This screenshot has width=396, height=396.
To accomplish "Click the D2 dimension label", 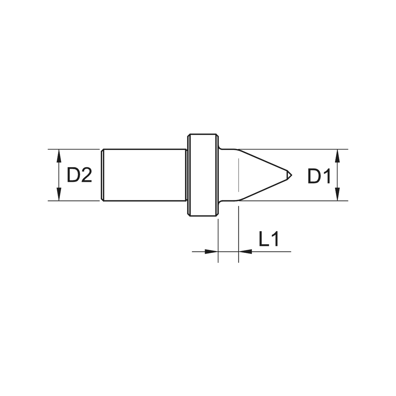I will (x=79, y=175).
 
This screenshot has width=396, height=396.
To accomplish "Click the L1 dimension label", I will (x=269, y=240).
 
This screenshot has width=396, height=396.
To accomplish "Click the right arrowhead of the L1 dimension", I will (x=245, y=251).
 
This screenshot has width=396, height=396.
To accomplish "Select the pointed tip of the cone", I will (x=291, y=175).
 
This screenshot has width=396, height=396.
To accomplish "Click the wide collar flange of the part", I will (x=203, y=175).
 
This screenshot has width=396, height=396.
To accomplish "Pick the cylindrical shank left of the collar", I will (x=144, y=175).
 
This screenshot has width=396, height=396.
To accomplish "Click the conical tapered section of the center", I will (x=261, y=175).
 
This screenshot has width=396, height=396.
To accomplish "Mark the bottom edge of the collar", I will (x=203, y=216).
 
